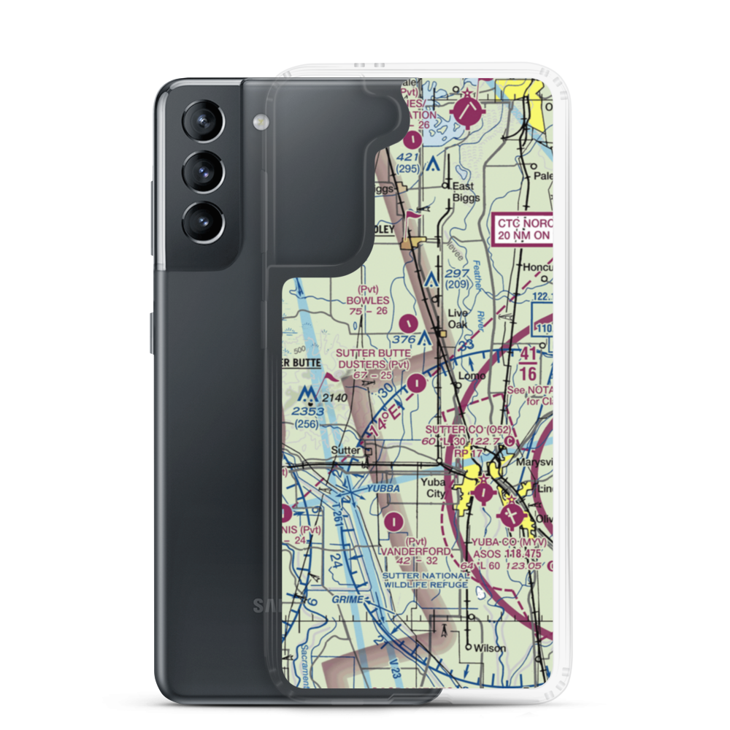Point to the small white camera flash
tap(258, 120)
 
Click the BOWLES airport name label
tap(368, 300)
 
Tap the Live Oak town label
tap(458, 318)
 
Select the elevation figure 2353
tap(307, 412)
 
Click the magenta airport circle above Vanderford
tap(395, 521)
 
